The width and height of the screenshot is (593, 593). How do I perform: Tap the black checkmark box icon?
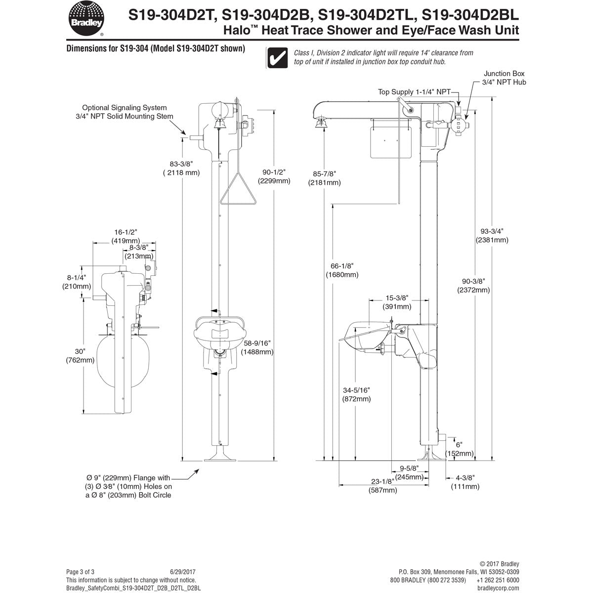pyautogui.click(x=278, y=57)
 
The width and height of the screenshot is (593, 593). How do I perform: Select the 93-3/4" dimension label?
pyautogui.click(x=492, y=235)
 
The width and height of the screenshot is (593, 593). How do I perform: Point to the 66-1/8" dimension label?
pyautogui.click(x=342, y=270)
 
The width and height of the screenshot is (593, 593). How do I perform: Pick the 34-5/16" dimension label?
pyautogui.click(x=356, y=394)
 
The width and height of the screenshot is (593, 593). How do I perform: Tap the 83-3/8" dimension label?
pyautogui.click(x=181, y=168)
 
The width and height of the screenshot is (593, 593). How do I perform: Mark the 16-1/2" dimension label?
pyautogui.click(x=125, y=236)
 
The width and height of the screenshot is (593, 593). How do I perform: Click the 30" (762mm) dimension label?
pyautogui.click(x=80, y=355)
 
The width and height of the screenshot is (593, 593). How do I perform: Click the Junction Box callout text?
pyautogui.click(x=504, y=78)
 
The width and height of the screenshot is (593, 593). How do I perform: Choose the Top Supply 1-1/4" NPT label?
pyautogui.click(x=414, y=92)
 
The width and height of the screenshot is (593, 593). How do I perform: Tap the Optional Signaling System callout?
pyautogui.click(x=127, y=112)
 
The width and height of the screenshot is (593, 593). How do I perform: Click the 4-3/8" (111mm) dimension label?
pyautogui.click(x=465, y=482)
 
